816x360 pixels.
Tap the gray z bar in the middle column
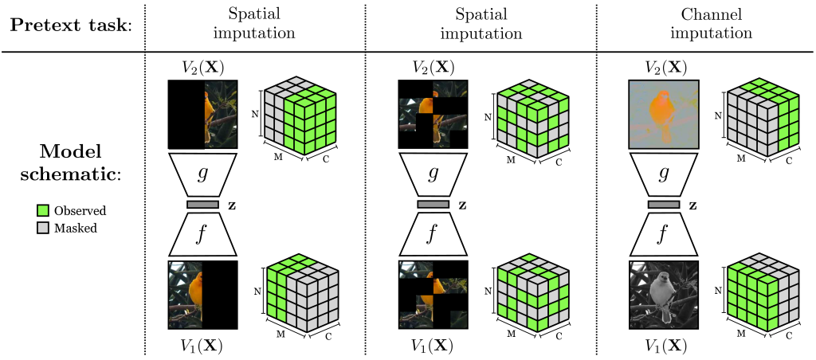pos(433,205)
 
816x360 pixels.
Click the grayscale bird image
pos(663,294)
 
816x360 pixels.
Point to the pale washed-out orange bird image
pos(663,113)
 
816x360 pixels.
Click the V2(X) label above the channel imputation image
pos(663,68)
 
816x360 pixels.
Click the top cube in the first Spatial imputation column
pos(300,118)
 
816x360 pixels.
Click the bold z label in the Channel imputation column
pos(692,205)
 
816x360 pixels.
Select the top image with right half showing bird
pos(202,113)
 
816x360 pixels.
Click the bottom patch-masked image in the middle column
pos(433,294)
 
